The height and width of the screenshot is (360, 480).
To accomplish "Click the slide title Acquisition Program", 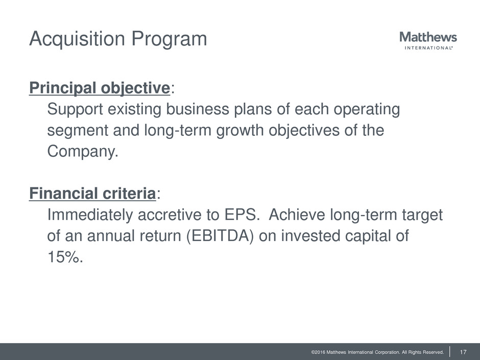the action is (118, 39).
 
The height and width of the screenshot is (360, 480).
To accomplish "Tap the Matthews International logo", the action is (428, 40).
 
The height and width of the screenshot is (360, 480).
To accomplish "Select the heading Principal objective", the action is (100, 88).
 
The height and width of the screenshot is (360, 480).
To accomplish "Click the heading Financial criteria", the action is (92, 194).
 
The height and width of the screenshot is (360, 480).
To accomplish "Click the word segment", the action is (78, 131).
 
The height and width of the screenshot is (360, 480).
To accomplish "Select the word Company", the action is (83, 152).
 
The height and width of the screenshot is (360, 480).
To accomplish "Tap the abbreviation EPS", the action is (242, 214).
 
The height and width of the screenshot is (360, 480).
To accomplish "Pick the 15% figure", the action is (65, 257).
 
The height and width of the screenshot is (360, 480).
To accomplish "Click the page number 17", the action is (463, 352).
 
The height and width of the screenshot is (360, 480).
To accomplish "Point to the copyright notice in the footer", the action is (377, 352).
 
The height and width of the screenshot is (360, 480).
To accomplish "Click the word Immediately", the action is (90, 215).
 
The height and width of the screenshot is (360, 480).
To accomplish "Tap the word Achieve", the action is (297, 214).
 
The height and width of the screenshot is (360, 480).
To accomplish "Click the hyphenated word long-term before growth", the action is (178, 131).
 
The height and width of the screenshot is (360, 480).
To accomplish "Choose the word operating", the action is (367, 110).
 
